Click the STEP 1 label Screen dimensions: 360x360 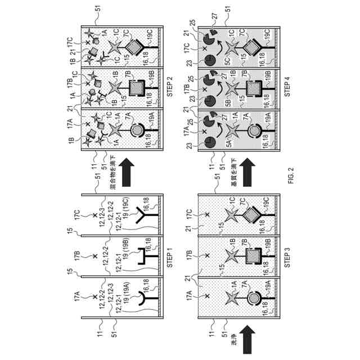click(x=172, y=253)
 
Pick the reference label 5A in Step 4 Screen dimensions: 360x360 click(x=228, y=143)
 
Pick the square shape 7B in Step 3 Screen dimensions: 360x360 click(x=252, y=255)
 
